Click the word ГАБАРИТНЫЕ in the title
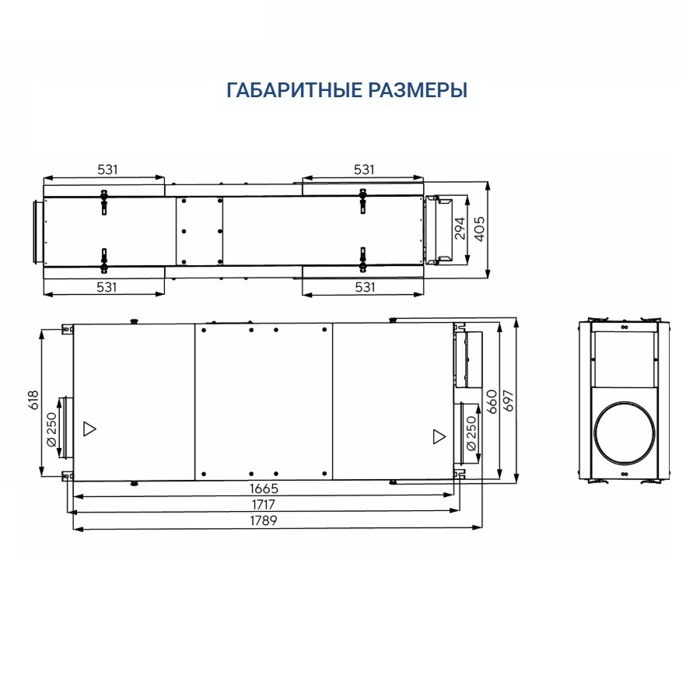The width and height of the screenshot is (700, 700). click(294, 90)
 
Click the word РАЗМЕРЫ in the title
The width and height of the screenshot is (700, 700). click(418, 90)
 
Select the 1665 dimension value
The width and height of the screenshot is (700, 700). click(264, 488)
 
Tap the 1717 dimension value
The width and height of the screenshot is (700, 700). click(264, 505)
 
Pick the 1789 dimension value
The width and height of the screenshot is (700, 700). click(264, 520)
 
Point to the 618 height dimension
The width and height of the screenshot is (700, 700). click(33, 400)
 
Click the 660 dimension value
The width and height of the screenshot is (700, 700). click(492, 401)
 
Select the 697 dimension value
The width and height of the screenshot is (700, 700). click(508, 401)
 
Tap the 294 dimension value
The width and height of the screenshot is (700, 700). click(460, 228)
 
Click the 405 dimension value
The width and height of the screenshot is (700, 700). click(479, 229)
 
